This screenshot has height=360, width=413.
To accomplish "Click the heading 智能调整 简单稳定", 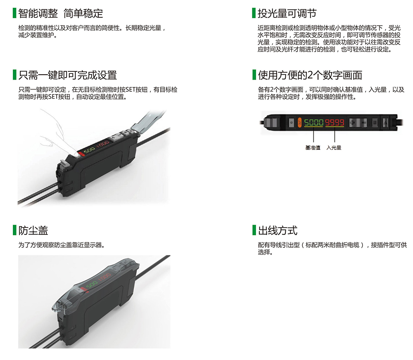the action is point(61,13).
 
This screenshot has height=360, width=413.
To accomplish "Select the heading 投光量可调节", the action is point(287,13).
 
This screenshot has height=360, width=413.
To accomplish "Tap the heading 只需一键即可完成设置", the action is point(67,75).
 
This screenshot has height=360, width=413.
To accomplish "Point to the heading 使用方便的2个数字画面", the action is point(310,75).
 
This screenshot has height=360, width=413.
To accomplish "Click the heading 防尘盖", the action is point(33,230).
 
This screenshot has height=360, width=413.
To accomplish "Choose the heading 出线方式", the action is point(278,230).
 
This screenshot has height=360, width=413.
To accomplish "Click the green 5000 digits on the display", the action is point(313,123).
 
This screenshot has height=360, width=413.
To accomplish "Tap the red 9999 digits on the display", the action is point(335,123).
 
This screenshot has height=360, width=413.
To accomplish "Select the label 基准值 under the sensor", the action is point(313,148).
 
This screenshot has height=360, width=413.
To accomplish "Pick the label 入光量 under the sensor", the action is point(334,148).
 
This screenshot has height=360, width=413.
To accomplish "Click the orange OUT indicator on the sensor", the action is point(299,123).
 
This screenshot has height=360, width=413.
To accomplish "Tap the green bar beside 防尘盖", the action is point(14,230).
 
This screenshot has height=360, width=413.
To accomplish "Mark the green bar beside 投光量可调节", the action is point(254,13).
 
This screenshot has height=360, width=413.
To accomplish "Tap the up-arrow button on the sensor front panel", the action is point(385,123).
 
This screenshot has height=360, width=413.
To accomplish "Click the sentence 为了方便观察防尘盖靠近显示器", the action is point(62,245).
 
